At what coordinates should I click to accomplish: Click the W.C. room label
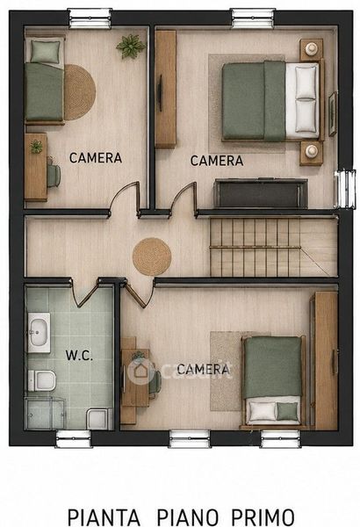79,355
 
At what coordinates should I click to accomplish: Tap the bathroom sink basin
39,332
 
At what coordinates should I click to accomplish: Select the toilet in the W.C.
41,381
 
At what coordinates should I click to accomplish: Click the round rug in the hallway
152,256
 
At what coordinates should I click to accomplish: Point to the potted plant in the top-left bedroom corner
131,46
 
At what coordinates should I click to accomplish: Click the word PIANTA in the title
104,517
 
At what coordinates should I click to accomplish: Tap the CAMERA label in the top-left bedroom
96,157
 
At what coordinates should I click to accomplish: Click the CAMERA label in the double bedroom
217,161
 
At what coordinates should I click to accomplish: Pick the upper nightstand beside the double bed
311,49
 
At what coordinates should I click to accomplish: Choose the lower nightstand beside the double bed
311,153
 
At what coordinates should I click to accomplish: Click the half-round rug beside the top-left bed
80,92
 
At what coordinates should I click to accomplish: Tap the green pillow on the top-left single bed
45,52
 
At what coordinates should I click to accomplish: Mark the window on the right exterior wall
345,189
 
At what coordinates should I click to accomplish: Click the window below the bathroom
73,438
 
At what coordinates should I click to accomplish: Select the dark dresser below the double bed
261,193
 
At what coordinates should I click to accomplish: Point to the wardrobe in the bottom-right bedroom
326,360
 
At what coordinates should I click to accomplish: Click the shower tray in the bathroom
46,413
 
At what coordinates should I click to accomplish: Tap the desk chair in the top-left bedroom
54,174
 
